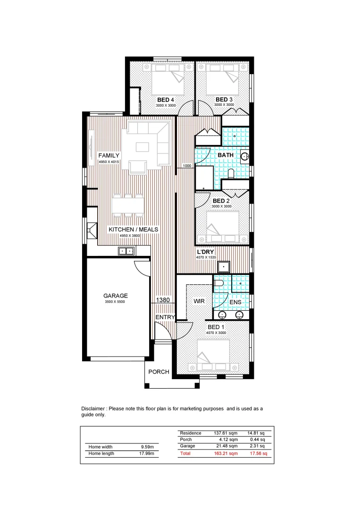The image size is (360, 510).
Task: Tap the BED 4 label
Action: (166, 100)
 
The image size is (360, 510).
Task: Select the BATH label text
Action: (226, 155)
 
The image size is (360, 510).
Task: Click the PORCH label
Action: (159, 372)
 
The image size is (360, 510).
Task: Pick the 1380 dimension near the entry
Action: (163, 299)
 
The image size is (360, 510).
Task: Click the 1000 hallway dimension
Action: (187, 166)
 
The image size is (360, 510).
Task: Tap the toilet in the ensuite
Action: (218, 283)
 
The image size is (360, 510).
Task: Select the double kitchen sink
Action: (126, 251)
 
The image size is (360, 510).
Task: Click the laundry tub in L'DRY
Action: (224, 267)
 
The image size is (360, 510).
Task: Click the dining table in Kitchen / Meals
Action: (128, 205)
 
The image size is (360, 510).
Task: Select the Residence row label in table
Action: (191, 433)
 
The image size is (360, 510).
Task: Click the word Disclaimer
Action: (94, 408)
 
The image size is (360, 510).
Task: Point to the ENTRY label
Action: (165, 317)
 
